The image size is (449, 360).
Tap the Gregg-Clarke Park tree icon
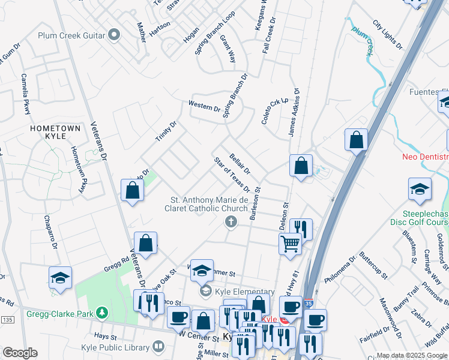pyautogui.click(x=103, y=313)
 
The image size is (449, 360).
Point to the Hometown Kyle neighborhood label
pyautogui.click(x=56, y=133)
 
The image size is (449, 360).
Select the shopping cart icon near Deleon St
pyautogui.click(x=290, y=243)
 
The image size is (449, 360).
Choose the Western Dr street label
pyautogui.click(x=204, y=106)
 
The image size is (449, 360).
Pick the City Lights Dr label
pyautogui.click(x=387, y=34)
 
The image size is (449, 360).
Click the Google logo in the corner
pyautogui.click(x=19, y=353)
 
